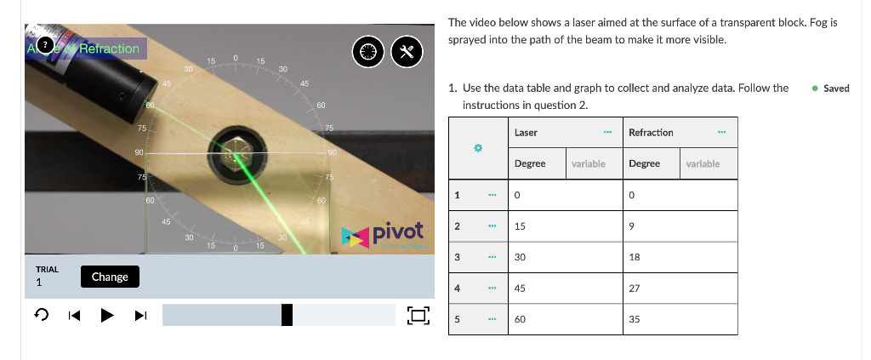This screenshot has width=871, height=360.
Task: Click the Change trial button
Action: coord(110,277)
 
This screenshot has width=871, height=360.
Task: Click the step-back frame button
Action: coord(75,315)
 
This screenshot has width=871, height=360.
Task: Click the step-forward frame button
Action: coord(141,315)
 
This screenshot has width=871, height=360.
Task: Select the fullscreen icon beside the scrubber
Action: coord(417,315)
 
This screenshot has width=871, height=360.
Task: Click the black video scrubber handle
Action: coord(287,315)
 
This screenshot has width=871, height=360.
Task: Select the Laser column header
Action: coord(526,133)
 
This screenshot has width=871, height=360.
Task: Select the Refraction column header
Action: coord(651,133)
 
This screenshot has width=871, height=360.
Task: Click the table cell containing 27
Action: coord(635,289)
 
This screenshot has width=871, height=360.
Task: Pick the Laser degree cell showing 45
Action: coord(520,289)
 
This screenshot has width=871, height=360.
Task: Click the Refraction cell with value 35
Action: coord(635,319)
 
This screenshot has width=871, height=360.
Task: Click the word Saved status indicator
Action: coord(836,89)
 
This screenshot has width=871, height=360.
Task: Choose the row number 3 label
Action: coord(458,257)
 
